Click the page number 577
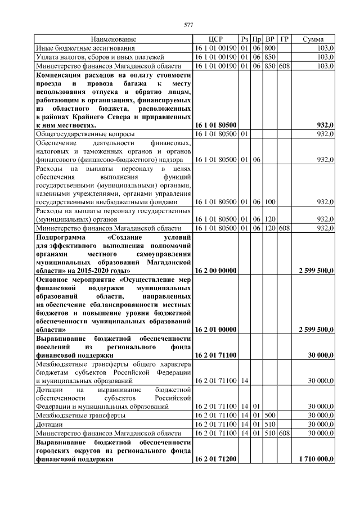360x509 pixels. (188, 25)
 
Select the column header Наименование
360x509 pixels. (114, 39)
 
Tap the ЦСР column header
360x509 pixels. (215, 39)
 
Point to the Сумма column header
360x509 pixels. (313, 39)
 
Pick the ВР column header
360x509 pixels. (270, 39)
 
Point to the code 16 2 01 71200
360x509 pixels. (215, 459)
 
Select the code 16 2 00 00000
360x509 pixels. (215, 270)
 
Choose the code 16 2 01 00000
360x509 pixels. (215, 329)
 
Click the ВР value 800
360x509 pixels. (270, 48)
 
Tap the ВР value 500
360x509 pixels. (270, 415)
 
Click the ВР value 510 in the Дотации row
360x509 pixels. (270, 424)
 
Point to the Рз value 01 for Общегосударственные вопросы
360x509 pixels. (245, 134)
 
